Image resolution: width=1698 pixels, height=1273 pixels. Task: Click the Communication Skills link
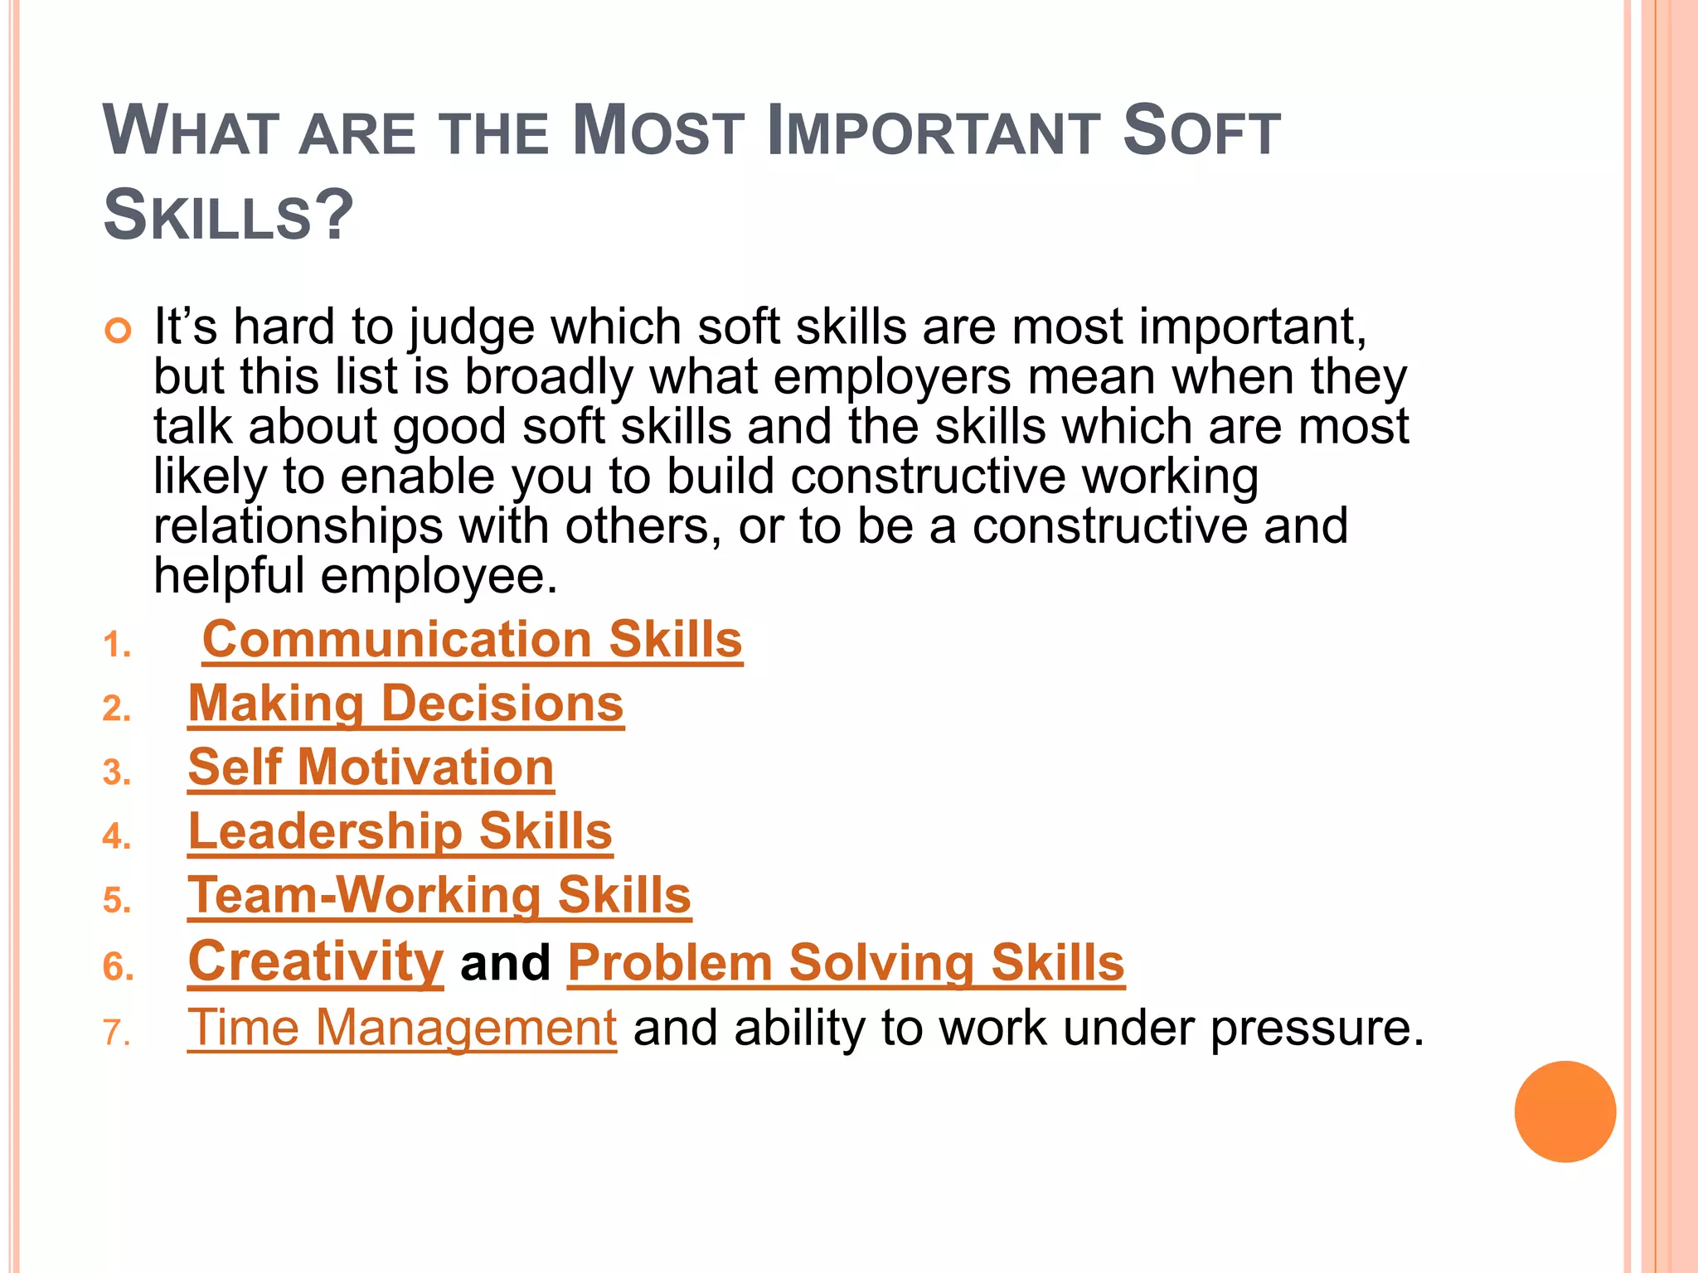pyautogui.click(x=473, y=640)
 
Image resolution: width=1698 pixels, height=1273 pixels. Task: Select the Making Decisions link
pyautogui.click(x=405, y=704)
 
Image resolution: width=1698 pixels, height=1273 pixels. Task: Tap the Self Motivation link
pyautogui.click(x=371, y=767)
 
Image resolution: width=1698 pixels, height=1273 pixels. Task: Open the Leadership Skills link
pyautogui.click(x=400, y=831)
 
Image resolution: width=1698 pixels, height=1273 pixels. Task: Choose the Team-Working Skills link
pyautogui.click(x=439, y=896)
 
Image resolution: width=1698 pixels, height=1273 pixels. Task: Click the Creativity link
pyautogui.click(x=316, y=962)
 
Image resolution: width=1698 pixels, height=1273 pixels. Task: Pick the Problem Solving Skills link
pyautogui.click(x=846, y=963)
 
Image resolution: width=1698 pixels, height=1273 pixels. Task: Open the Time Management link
pyautogui.click(x=402, y=1028)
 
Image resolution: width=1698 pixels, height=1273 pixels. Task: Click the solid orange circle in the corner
pyautogui.click(x=1565, y=1111)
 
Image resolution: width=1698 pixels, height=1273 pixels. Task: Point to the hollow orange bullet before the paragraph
pyautogui.click(x=119, y=331)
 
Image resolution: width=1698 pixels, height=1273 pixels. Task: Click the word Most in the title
pyautogui.click(x=658, y=132)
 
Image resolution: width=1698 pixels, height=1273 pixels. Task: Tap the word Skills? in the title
pyautogui.click(x=228, y=215)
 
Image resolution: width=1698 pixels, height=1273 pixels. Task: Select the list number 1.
pyautogui.click(x=117, y=646)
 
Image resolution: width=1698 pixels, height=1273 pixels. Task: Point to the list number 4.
pyautogui.click(x=117, y=836)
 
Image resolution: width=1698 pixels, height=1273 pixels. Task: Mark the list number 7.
pyautogui.click(x=117, y=1033)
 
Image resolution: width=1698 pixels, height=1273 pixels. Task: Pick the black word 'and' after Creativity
pyautogui.click(x=505, y=963)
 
